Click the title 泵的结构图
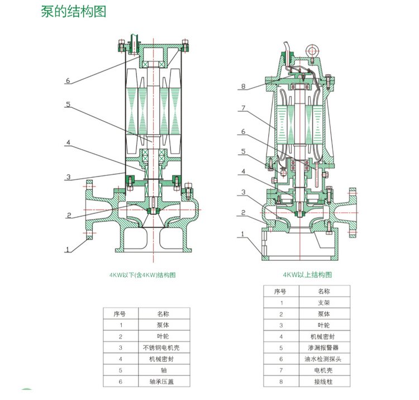click(x=73, y=12)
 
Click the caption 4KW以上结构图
click(x=307, y=275)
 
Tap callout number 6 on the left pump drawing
click(x=68, y=81)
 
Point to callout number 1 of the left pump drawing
click(x=68, y=250)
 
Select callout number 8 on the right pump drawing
click(x=243, y=87)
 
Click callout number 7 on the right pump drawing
click(x=243, y=108)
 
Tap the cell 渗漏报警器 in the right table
click(x=324, y=349)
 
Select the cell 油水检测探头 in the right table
click(x=324, y=360)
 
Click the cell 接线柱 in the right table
click(x=324, y=383)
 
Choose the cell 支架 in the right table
click(x=324, y=303)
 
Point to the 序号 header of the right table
click(x=280, y=291)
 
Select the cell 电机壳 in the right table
click(x=324, y=371)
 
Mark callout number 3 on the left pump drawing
click(x=68, y=178)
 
